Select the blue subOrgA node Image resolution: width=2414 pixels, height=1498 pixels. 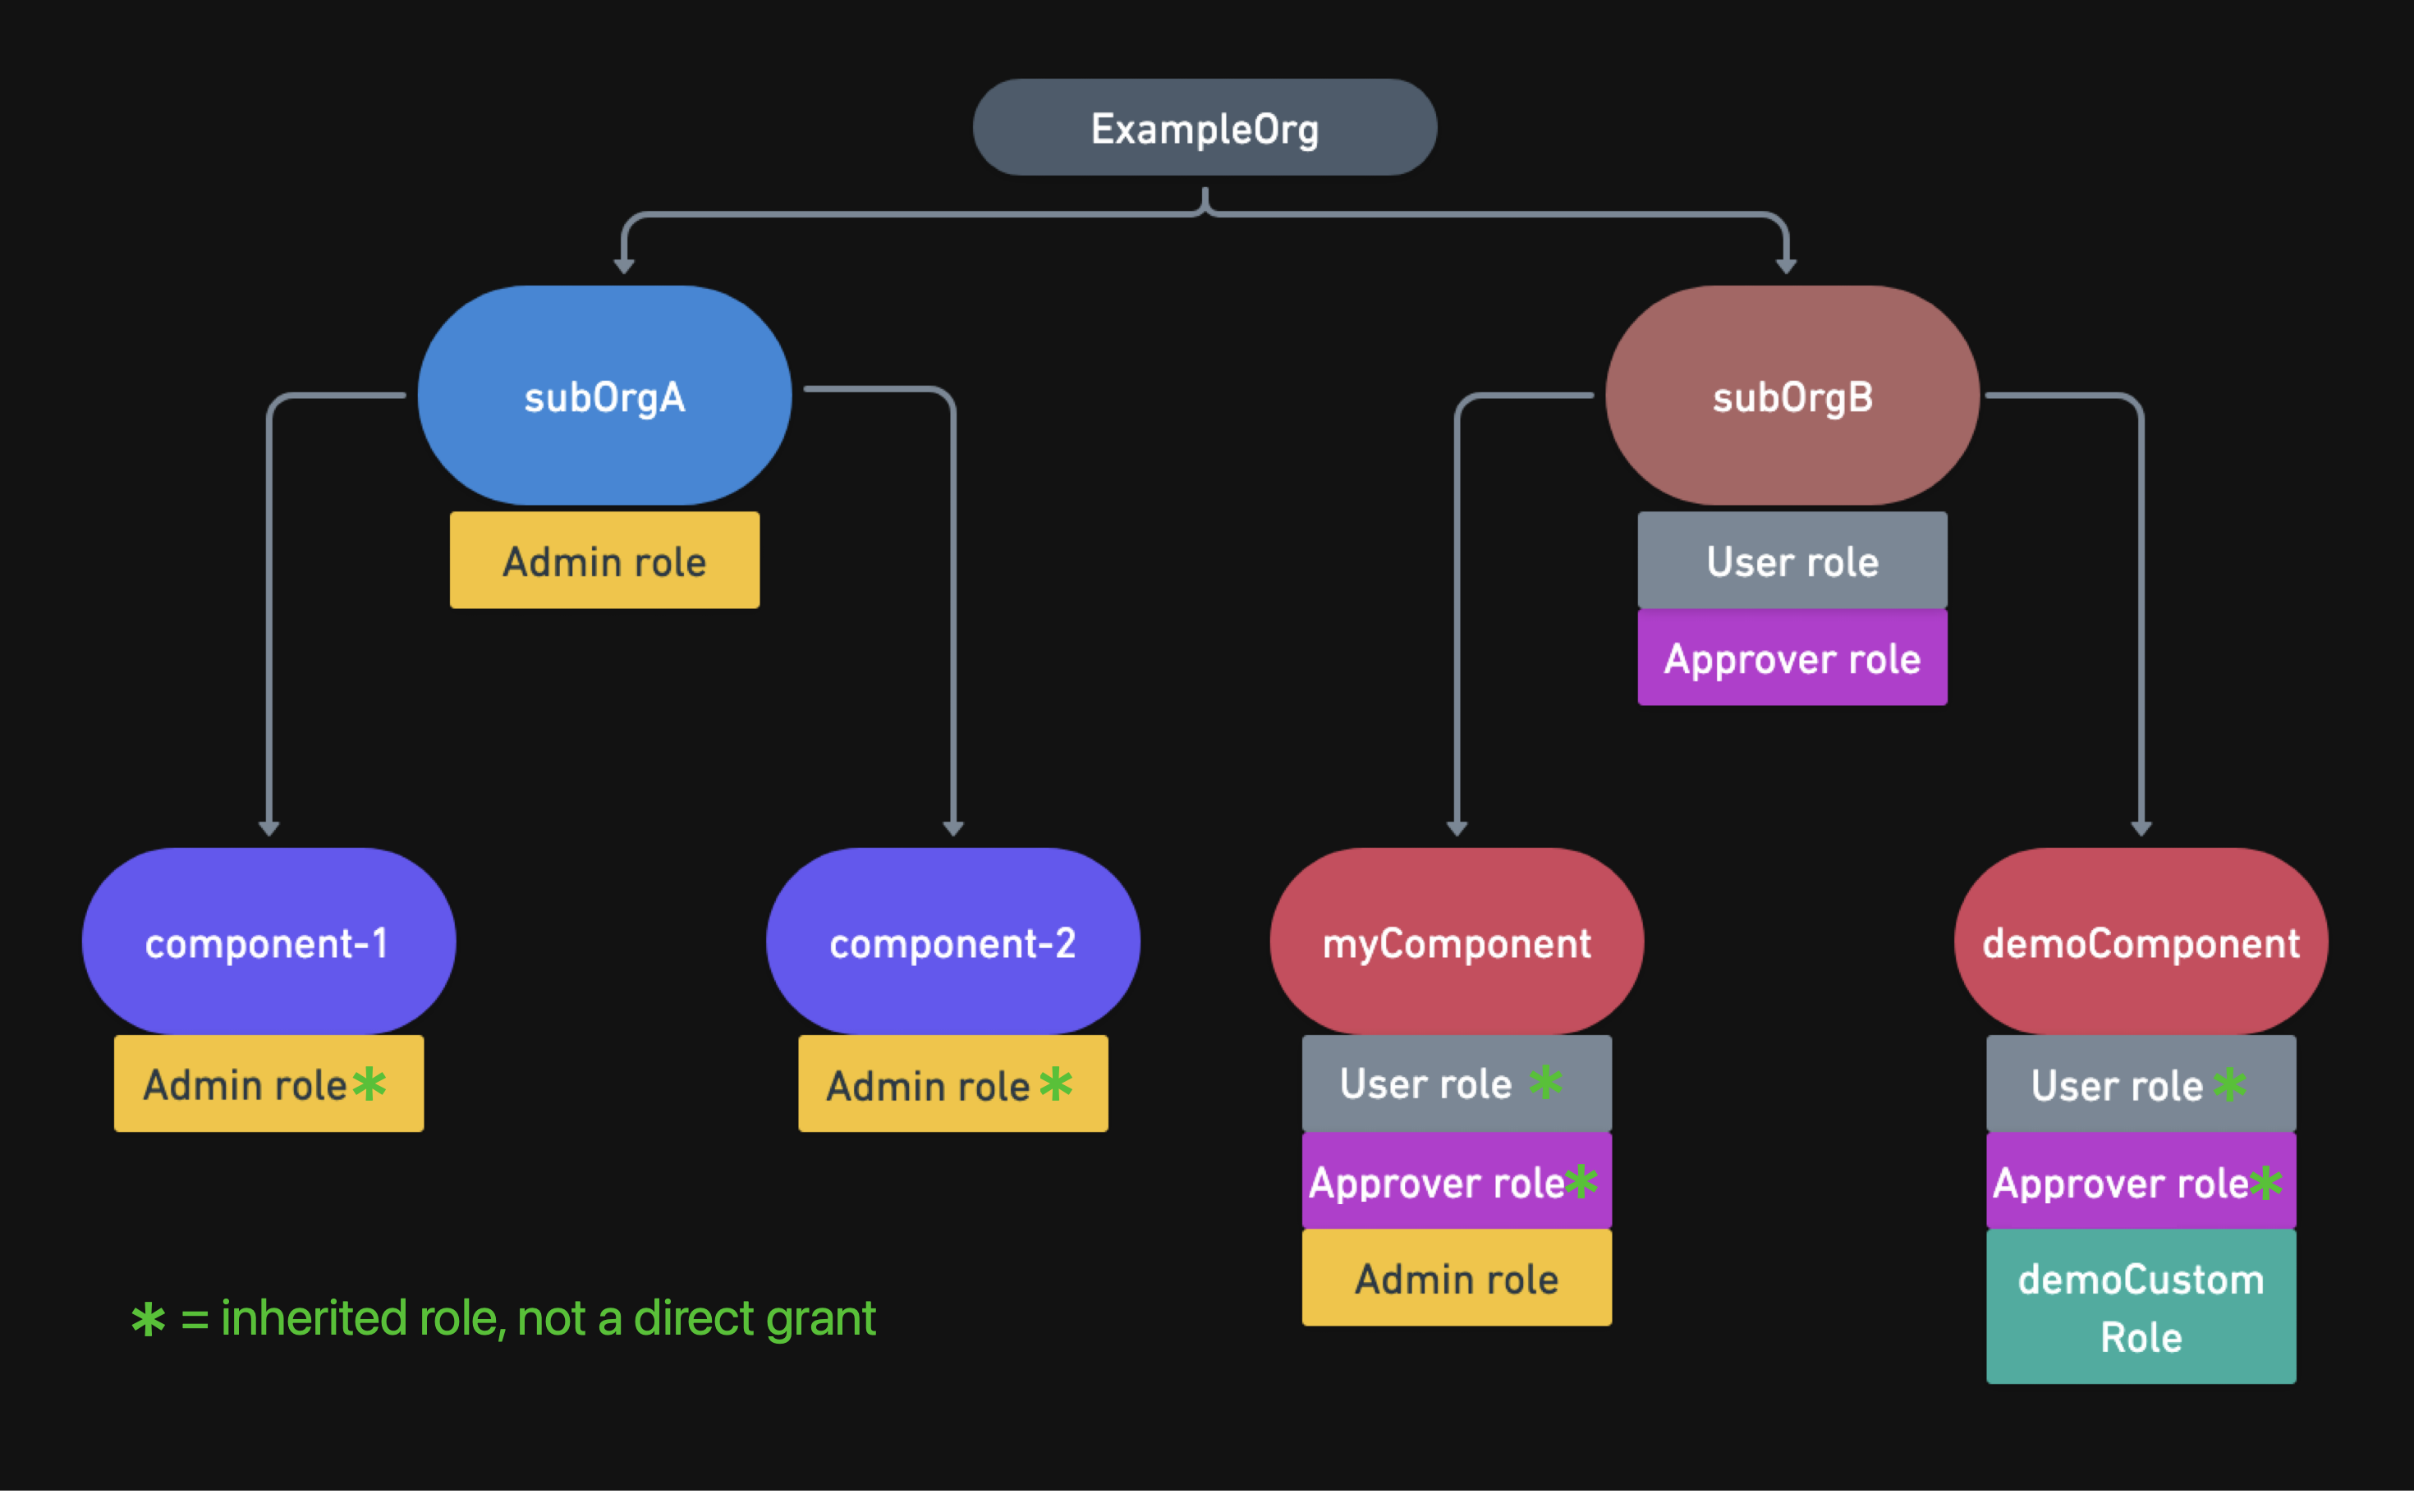[x=604, y=396]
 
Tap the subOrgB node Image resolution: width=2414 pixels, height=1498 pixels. [x=1792, y=396]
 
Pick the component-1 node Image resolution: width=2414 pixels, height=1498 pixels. [x=268, y=941]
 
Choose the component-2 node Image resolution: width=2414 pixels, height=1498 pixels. [x=952, y=941]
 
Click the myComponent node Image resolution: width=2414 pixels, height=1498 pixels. [x=1456, y=941]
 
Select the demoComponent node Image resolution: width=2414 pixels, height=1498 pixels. [x=2141, y=941]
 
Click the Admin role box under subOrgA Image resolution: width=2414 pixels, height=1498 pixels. [x=604, y=561]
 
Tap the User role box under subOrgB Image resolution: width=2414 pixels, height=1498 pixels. [x=1792, y=561]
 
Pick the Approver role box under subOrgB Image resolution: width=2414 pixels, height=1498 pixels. [x=1792, y=657]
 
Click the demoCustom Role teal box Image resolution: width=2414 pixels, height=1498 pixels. [x=2141, y=1307]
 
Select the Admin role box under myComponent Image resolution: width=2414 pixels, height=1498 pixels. [x=1456, y=1278]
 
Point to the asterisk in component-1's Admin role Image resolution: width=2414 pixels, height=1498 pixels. [x=369, y=1083]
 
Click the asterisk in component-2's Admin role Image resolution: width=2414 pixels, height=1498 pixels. [x=1055, y=1083]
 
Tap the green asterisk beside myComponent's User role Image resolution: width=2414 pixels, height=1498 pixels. [x=1545, y=1081]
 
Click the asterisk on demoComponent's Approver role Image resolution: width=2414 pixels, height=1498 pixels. [x=2265, y=1181]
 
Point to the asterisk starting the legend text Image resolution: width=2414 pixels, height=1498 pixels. [x=149, y=1320]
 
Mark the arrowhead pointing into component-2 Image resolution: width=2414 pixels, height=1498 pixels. [x=953, y=828]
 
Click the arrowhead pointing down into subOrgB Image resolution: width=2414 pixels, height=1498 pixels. [x=1786, y=264]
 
